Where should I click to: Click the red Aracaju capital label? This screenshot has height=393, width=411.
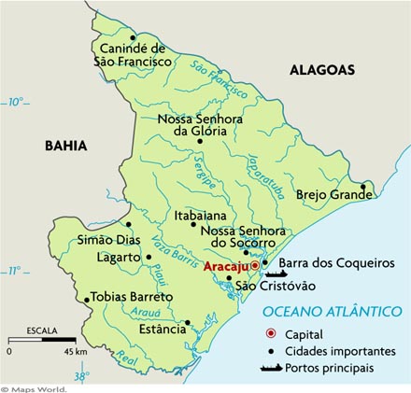(225, 266)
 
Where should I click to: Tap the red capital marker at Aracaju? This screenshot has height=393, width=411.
(254, 266)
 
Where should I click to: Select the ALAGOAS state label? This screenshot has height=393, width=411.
(322, 70)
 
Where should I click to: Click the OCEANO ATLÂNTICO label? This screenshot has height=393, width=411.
(332, 311)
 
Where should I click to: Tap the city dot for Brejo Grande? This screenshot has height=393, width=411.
(364, 196)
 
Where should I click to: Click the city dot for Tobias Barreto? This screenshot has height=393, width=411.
(87, 301)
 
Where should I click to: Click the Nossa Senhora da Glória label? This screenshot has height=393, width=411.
(192, 125)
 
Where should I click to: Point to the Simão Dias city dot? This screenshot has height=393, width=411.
(129, 224)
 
